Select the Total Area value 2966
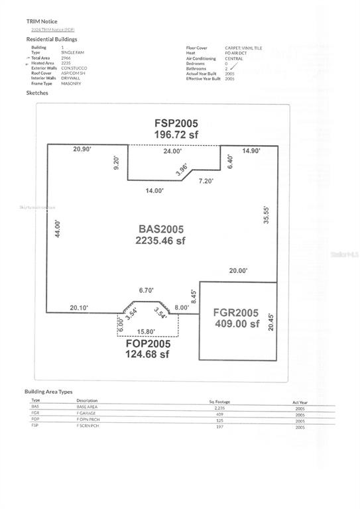pyautogui.click(x=66, y=58)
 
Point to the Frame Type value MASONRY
pyautogui.click(x=71, y=84)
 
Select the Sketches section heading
pyautogui.click(x=36, y=93)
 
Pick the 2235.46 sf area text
pyautogui.click(x=161, y=241)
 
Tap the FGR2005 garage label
pyautogui.click(x=236, y=313)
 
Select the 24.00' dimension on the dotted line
pyautogui.click(x=172, y=151)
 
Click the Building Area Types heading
pyautogui.click(x=53, y=392)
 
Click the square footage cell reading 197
pyautogui.click(x=220, y=426)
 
